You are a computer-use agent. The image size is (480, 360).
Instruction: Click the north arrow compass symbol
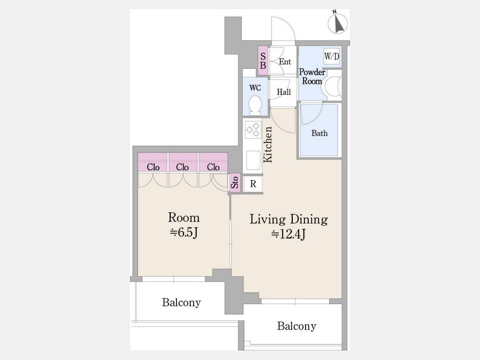coord(338,23)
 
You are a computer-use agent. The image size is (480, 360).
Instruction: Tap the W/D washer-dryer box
coord(332,57)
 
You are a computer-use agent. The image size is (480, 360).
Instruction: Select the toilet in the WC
coord(255,105)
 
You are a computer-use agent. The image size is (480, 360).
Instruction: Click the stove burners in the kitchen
coord(253,130)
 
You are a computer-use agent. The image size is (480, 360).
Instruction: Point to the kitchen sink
coord(253,160)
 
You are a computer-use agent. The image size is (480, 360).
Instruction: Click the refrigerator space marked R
coord(253,184)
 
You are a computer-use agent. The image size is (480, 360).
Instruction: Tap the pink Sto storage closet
coord(235,183)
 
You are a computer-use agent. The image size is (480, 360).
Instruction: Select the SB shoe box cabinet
coord(263,61)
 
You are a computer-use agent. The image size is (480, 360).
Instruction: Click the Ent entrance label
coord(285,62)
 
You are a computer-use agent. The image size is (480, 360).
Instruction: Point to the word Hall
coord(284,92)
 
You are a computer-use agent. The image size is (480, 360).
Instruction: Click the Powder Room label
coord(312,76)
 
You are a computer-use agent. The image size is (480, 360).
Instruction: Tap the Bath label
coord(319,133)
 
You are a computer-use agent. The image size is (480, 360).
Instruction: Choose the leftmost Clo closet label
coord(153,167)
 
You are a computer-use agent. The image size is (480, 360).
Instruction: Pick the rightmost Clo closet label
coord(213,167)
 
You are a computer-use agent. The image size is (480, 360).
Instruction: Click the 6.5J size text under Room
coord(183,233)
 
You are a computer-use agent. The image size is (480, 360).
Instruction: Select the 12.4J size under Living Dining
coord(289,234)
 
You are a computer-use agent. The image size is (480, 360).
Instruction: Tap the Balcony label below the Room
coord(181,302)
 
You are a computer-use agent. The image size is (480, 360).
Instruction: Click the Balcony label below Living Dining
coord(297,326)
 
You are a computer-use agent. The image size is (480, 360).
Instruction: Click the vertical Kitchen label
coord(268,145)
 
